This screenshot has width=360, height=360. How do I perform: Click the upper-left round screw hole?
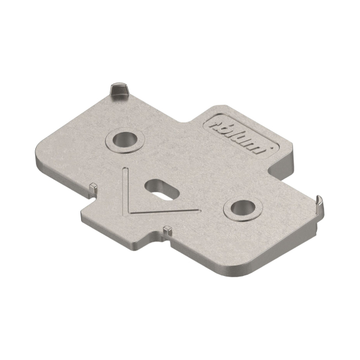125,140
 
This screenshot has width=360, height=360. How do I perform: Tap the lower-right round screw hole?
243,208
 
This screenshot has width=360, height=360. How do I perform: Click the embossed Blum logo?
238,137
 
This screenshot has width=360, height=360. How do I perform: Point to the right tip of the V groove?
199,210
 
